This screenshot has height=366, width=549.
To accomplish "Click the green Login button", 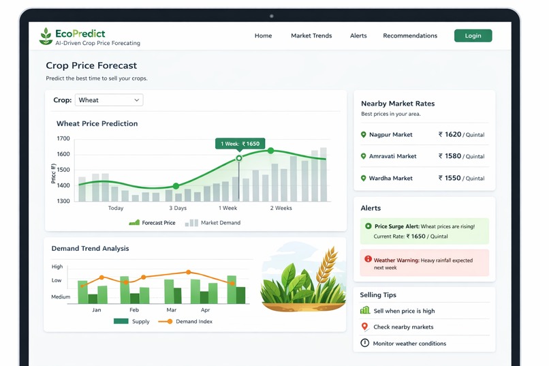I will tap(473, 35).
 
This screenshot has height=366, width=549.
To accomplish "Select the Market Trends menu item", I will tap(311, 35).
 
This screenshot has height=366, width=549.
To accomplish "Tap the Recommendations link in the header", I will tap(410, 35).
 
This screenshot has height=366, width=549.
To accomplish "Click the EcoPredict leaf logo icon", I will tap(46, 36).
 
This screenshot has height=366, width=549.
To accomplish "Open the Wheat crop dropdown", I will tap(109, 100).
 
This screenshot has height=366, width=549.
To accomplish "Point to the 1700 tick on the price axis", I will tap(63, 138).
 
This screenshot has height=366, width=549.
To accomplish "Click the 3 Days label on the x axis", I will tap(178, 208).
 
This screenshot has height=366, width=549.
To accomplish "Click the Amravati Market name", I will tap(392, 156).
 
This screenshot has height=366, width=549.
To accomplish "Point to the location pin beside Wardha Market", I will tap(363, 178).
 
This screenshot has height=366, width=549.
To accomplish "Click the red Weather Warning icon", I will tap(368, 259).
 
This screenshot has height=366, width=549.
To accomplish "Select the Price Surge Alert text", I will tap(396, 226).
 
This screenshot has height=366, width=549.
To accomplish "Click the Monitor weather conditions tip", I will tap(409, 344).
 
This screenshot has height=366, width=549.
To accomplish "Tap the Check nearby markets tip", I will tap(403, 327).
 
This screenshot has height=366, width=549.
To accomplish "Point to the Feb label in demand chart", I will tap(134, 310).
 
